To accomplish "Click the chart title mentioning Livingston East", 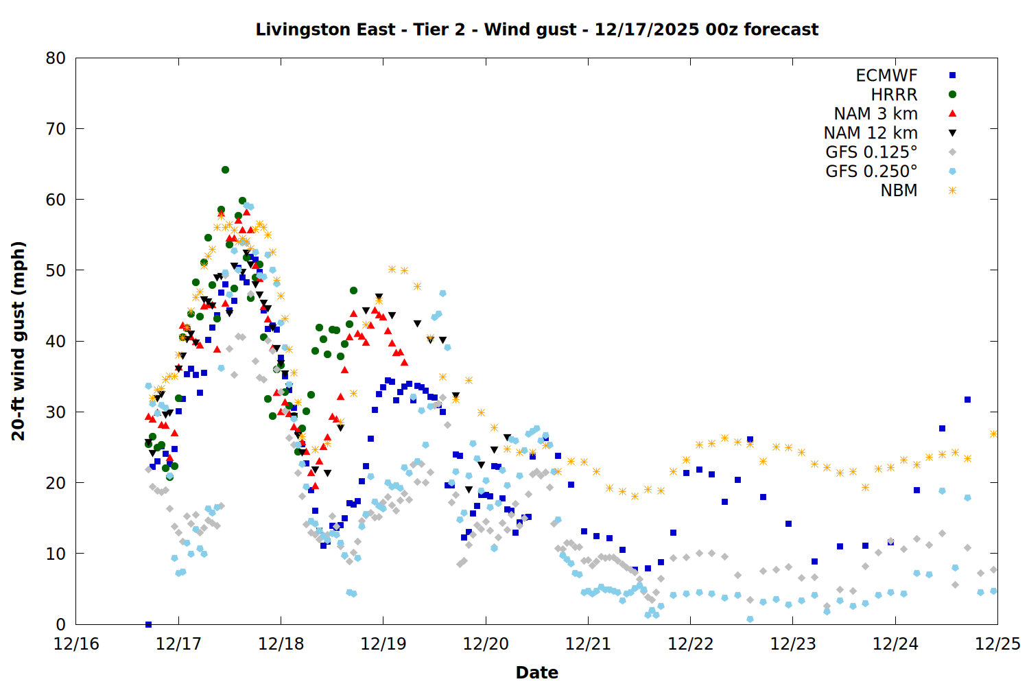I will pyautogui.click(x=536, y=29).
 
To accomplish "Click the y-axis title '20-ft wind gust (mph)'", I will pyautogui.click(x=19, y=341).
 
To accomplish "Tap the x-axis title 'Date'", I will pyautogui.click(x=536, y=672).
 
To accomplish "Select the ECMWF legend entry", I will pyautogui.click(x=886, y=75).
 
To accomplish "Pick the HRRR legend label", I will pyautogui.click(x=894, y=95).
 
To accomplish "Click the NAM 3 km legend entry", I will pyautogui.click(x=875, y=114).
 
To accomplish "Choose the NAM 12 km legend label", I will pyautogui.click(x=871, y=133).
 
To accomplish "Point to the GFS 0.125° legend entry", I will pyautogui.click(x=871, y=152).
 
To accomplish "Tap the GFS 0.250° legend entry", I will pyautogui.click(x=871, y=171).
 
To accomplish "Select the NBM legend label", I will pyautogui.click(x=899, y=191).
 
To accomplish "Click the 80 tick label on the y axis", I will pyautogui.click(x=56, y=58).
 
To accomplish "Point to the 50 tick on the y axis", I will pyautogui.click(x=56, y=270).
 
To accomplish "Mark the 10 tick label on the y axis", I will pyautogui.click(x=56, y=554).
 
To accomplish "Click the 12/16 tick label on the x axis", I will pyautogui.click(x=76, y=644).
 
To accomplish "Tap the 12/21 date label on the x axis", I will pyautogui.click(x=588, y=644).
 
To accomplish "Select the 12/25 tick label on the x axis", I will pyautogui.click(x=997, y=644).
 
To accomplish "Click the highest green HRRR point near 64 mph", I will pyautogui.click(x=225, y=169).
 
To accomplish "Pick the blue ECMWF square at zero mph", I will pyautogui.click(x=148, y=624).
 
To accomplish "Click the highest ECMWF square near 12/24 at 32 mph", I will pyautogui.click(x=967, y=399).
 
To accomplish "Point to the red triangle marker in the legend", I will pyautogui.click(x=952, y=113).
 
